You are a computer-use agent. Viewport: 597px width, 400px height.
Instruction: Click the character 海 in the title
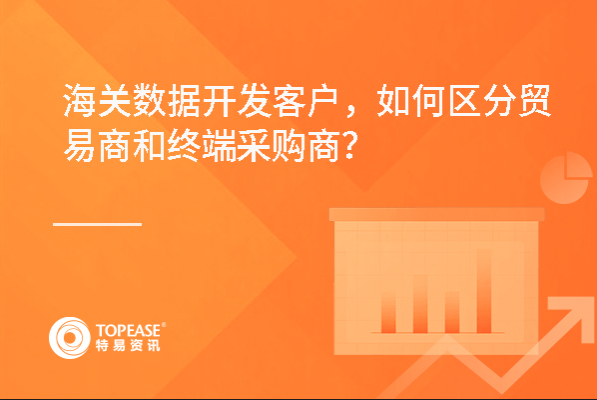point(80,100)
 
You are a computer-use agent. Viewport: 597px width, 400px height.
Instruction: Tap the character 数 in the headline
point(150,100)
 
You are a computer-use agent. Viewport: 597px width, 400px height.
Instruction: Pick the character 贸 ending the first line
point(534,100)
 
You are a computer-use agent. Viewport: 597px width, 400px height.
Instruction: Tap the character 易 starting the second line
point(80,145)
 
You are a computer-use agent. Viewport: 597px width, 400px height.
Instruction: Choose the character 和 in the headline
point(150,145)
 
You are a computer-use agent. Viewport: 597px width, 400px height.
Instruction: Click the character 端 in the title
point(220,145)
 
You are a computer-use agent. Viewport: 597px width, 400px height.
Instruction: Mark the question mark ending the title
point(349,145)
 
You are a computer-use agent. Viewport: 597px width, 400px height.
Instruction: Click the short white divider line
point(97,224)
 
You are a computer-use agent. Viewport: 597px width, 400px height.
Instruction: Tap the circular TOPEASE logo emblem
point(70,338)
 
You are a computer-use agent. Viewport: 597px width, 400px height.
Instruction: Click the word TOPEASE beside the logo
point(128,331)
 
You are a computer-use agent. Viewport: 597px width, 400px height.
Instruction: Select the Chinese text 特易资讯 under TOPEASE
point(128,345)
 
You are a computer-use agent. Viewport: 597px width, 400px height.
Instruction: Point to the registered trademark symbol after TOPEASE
point(164,324)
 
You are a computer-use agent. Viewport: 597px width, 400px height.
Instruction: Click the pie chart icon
point(566,178)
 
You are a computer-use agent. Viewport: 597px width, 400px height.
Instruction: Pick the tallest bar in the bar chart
point(484,291)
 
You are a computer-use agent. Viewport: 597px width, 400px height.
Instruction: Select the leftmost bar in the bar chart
point(388,311)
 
